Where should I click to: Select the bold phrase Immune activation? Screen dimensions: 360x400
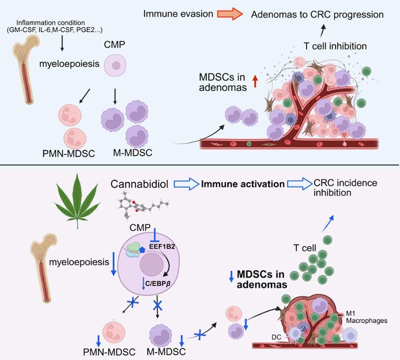tap(243, 184)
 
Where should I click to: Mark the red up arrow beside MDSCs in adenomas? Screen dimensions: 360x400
tap(255, 81)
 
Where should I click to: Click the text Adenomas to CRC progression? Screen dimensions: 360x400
tap(318, 14)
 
